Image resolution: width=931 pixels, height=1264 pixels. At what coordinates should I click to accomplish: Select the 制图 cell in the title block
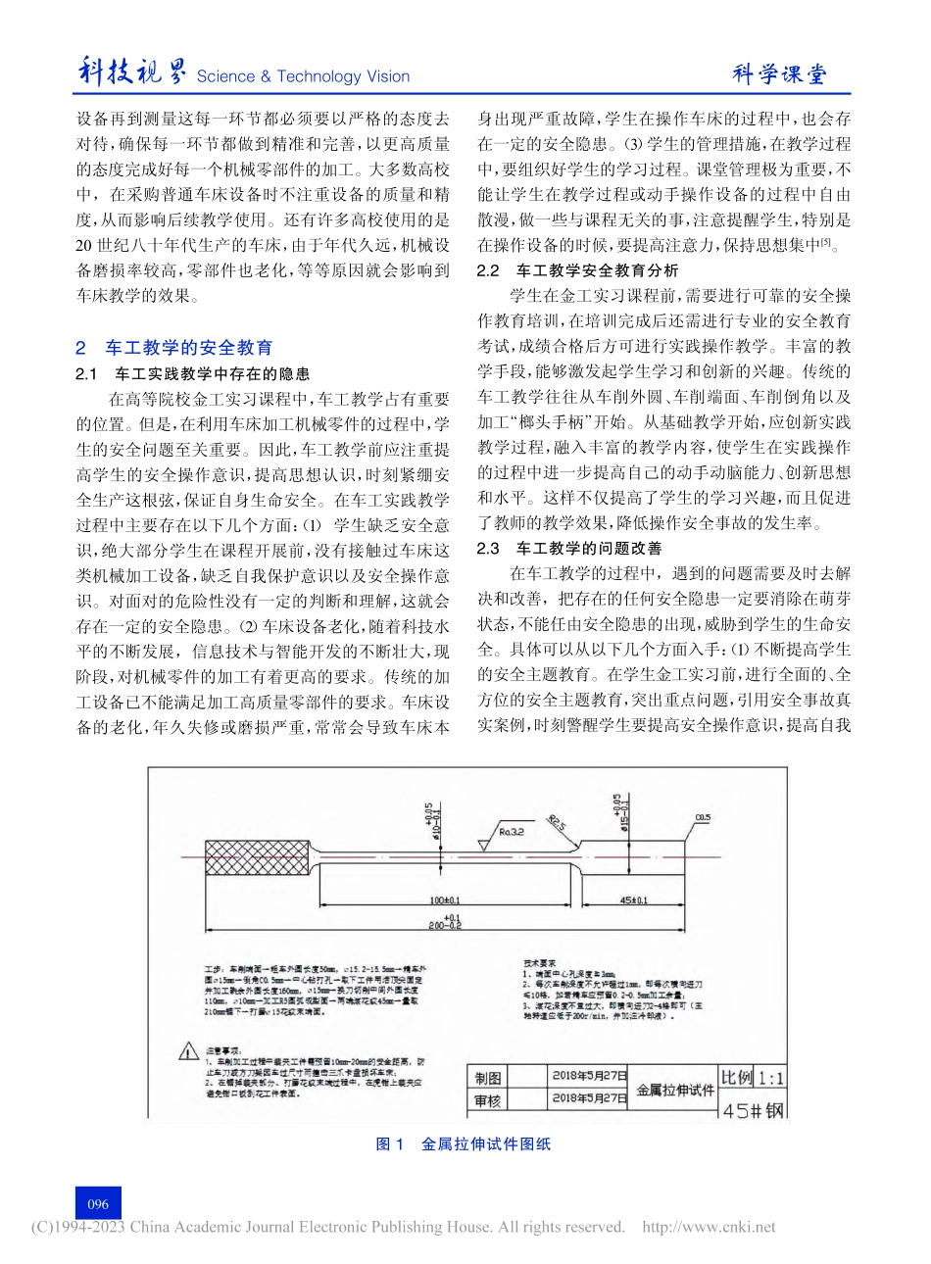(x=487, y=1076)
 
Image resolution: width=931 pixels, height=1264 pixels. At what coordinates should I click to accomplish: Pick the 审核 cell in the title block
(x=487, y=1099)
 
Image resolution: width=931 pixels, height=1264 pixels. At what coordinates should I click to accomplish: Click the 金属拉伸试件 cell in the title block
(x=674, y=1088)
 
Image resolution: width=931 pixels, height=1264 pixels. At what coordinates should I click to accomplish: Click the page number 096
(x=98, y=1204)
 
